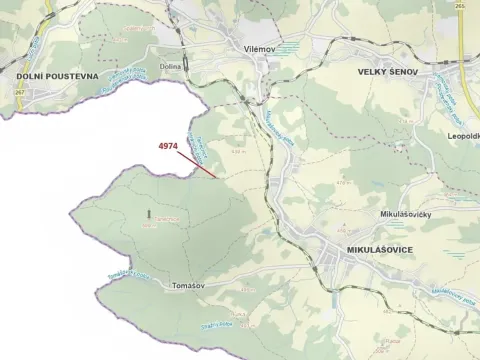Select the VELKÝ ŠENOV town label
click(x=391, y=73)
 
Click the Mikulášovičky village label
click(x=381, y=214)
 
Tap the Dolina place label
click(x=169, y=67)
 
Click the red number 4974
click(x=168, y=146)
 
